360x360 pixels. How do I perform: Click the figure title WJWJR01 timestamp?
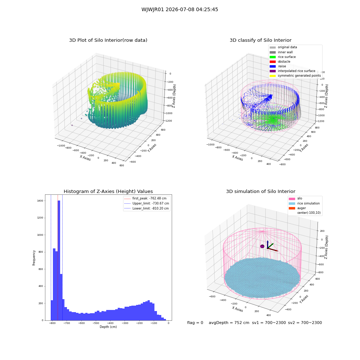click(x=180, y=10)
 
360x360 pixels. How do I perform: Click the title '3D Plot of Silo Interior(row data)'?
click(x=108, y=40)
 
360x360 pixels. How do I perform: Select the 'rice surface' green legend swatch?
click(x=273, y=57)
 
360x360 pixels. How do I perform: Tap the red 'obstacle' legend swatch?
click(x=273, y=62)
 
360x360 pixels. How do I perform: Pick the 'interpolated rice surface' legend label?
click(x=296, y=71)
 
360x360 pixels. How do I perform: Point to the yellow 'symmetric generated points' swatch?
click(x=273, y=76)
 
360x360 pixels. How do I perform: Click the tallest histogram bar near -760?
click(x=59, y=260)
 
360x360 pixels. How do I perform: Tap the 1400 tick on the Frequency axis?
click(x=40, y=201)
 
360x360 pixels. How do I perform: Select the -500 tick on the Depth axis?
click(x=96, y=323)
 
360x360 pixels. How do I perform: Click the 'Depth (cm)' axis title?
click(x=108, y=327)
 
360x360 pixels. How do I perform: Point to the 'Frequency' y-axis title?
click(x=34, y=258)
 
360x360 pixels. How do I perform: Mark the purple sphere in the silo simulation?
click(x=262, y=246)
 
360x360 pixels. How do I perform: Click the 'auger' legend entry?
click(x=301, y=208)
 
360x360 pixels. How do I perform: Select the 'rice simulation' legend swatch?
click(x=292, y=203)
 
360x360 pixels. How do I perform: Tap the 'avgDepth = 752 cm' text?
click(x=229, y=323)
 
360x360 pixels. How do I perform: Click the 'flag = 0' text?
click(x=195, y=323)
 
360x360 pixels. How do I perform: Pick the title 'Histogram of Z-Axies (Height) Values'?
click(x=108, y=192)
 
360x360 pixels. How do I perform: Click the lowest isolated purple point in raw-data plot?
click(x=72, y=125)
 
